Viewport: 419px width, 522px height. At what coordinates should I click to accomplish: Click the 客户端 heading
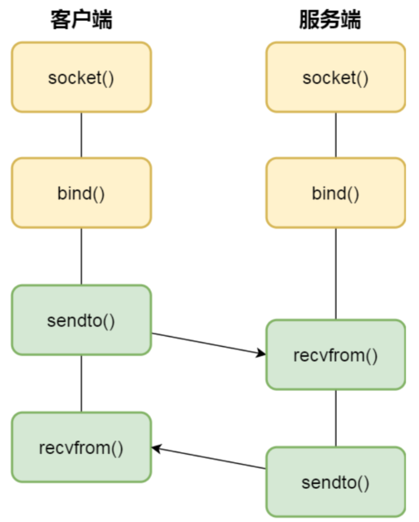pos(81,19)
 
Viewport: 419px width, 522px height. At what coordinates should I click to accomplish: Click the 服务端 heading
pos(330,19)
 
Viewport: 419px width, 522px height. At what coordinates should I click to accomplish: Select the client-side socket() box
pos(81,77)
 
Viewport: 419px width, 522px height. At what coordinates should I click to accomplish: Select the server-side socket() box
pos(336,77)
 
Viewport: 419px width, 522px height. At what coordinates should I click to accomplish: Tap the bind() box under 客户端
pos(81,193)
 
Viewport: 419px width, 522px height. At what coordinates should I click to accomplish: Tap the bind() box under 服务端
pos(336,193)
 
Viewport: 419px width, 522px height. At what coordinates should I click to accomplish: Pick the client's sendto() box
pos(81,320)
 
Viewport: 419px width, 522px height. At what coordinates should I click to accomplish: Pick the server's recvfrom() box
pos(336,354)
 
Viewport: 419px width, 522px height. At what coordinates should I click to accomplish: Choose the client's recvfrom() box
pos(81,447)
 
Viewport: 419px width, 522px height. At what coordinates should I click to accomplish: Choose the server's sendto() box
pos(336,481)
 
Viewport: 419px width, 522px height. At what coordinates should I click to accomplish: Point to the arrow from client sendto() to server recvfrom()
pos(209,344)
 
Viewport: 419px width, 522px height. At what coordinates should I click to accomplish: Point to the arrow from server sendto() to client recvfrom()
pos(209,458)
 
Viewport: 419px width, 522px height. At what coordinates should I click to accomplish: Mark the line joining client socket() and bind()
pos(81,135)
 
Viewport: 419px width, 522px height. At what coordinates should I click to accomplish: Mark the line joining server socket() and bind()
pos(336,135)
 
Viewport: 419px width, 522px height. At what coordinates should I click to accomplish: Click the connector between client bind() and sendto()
pos(81,256)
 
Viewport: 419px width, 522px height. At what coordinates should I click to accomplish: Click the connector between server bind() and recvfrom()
pos(336,274)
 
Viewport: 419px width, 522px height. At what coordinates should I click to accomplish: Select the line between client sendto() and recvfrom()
pos(81,383)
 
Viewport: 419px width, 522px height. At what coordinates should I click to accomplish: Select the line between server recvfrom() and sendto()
pos(336,418)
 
